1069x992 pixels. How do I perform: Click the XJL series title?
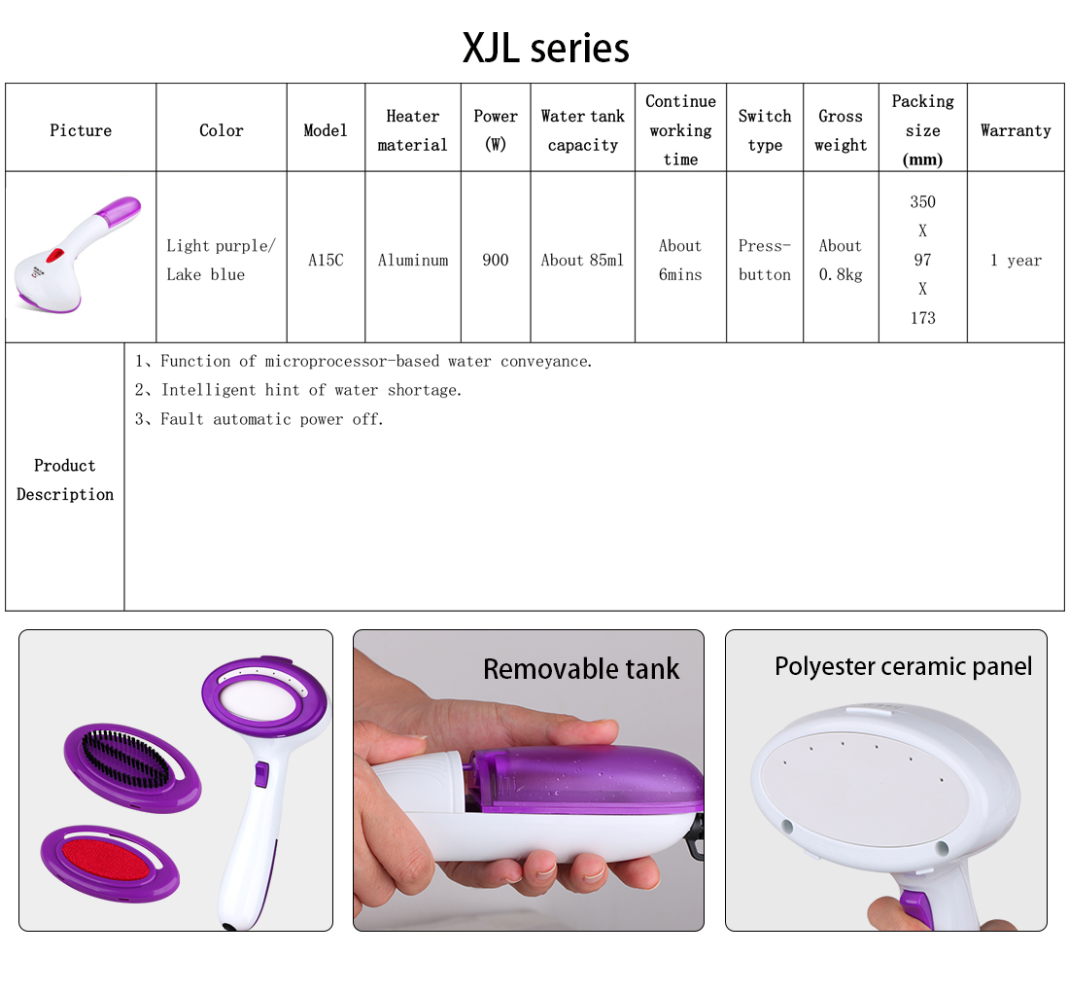[x=545, y=48]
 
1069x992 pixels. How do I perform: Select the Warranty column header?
[x=1016, y=130]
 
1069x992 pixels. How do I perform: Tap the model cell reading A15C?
[x=326, y=260]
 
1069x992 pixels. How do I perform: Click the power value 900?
[x=495, y=260]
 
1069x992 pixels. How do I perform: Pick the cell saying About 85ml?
[x=582, y=260]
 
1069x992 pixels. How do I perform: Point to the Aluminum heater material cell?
[x=412, y=260]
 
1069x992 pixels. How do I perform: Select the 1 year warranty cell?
[x=1016, y=260]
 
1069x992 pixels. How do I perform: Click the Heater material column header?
[x=412, y=130]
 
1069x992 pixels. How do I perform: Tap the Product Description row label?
[x=65, y=479]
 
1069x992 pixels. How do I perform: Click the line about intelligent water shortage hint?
[x=298, y=390]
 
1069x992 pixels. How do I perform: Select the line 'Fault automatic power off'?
[x=259, y=419]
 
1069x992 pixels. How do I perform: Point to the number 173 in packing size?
[x=922, y=318]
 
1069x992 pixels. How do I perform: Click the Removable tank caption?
[x=581, y=668]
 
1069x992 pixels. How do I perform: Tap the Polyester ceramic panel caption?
[x=904, y=666]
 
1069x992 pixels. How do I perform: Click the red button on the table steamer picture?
[x=53, y=257]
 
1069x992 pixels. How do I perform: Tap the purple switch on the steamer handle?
[x=261, y=774]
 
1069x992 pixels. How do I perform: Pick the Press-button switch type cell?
[x=764, y=260]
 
